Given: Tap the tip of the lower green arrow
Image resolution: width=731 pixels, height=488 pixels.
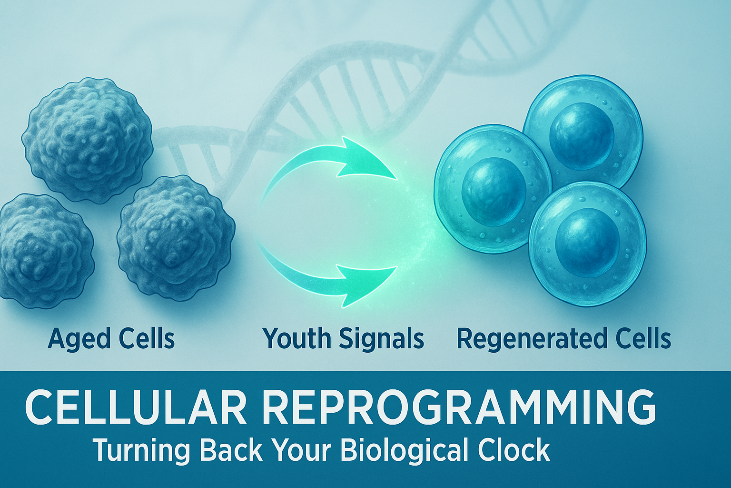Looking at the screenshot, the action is click(x=397, y=266).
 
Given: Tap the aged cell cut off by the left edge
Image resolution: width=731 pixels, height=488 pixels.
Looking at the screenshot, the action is click(x=45, y=251).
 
